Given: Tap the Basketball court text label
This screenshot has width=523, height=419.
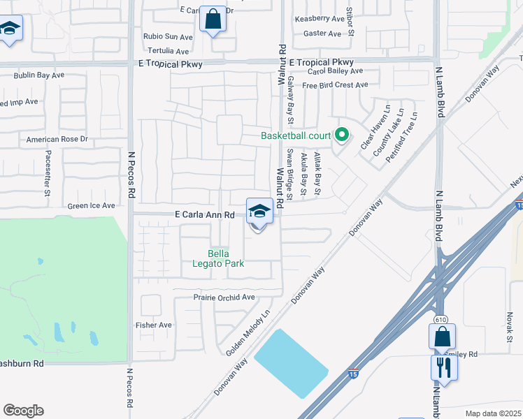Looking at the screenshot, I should point(296,135).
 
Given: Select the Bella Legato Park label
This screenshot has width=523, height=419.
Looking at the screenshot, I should point(218,258).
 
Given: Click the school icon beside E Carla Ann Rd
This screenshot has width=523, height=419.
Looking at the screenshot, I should point(259,212).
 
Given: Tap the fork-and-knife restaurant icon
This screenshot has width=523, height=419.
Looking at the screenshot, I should point(444,367).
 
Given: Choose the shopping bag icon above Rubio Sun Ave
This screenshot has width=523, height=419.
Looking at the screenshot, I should point(213,19).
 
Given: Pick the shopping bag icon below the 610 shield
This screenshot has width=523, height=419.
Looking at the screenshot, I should point(443,337).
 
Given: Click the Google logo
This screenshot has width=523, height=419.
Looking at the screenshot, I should point(23,411).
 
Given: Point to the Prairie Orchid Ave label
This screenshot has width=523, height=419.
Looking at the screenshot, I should point(224,297).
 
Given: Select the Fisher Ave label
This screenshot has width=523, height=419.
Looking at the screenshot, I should point(154,325).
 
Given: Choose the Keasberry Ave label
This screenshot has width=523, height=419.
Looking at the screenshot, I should point(320,19).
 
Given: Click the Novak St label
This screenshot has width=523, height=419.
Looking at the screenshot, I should point(508,328).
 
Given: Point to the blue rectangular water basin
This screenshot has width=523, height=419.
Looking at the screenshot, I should point(291,363).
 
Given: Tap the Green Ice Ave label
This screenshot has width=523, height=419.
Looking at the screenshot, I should point(91,206).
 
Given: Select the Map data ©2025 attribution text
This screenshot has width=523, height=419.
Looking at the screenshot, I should point(493,413).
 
